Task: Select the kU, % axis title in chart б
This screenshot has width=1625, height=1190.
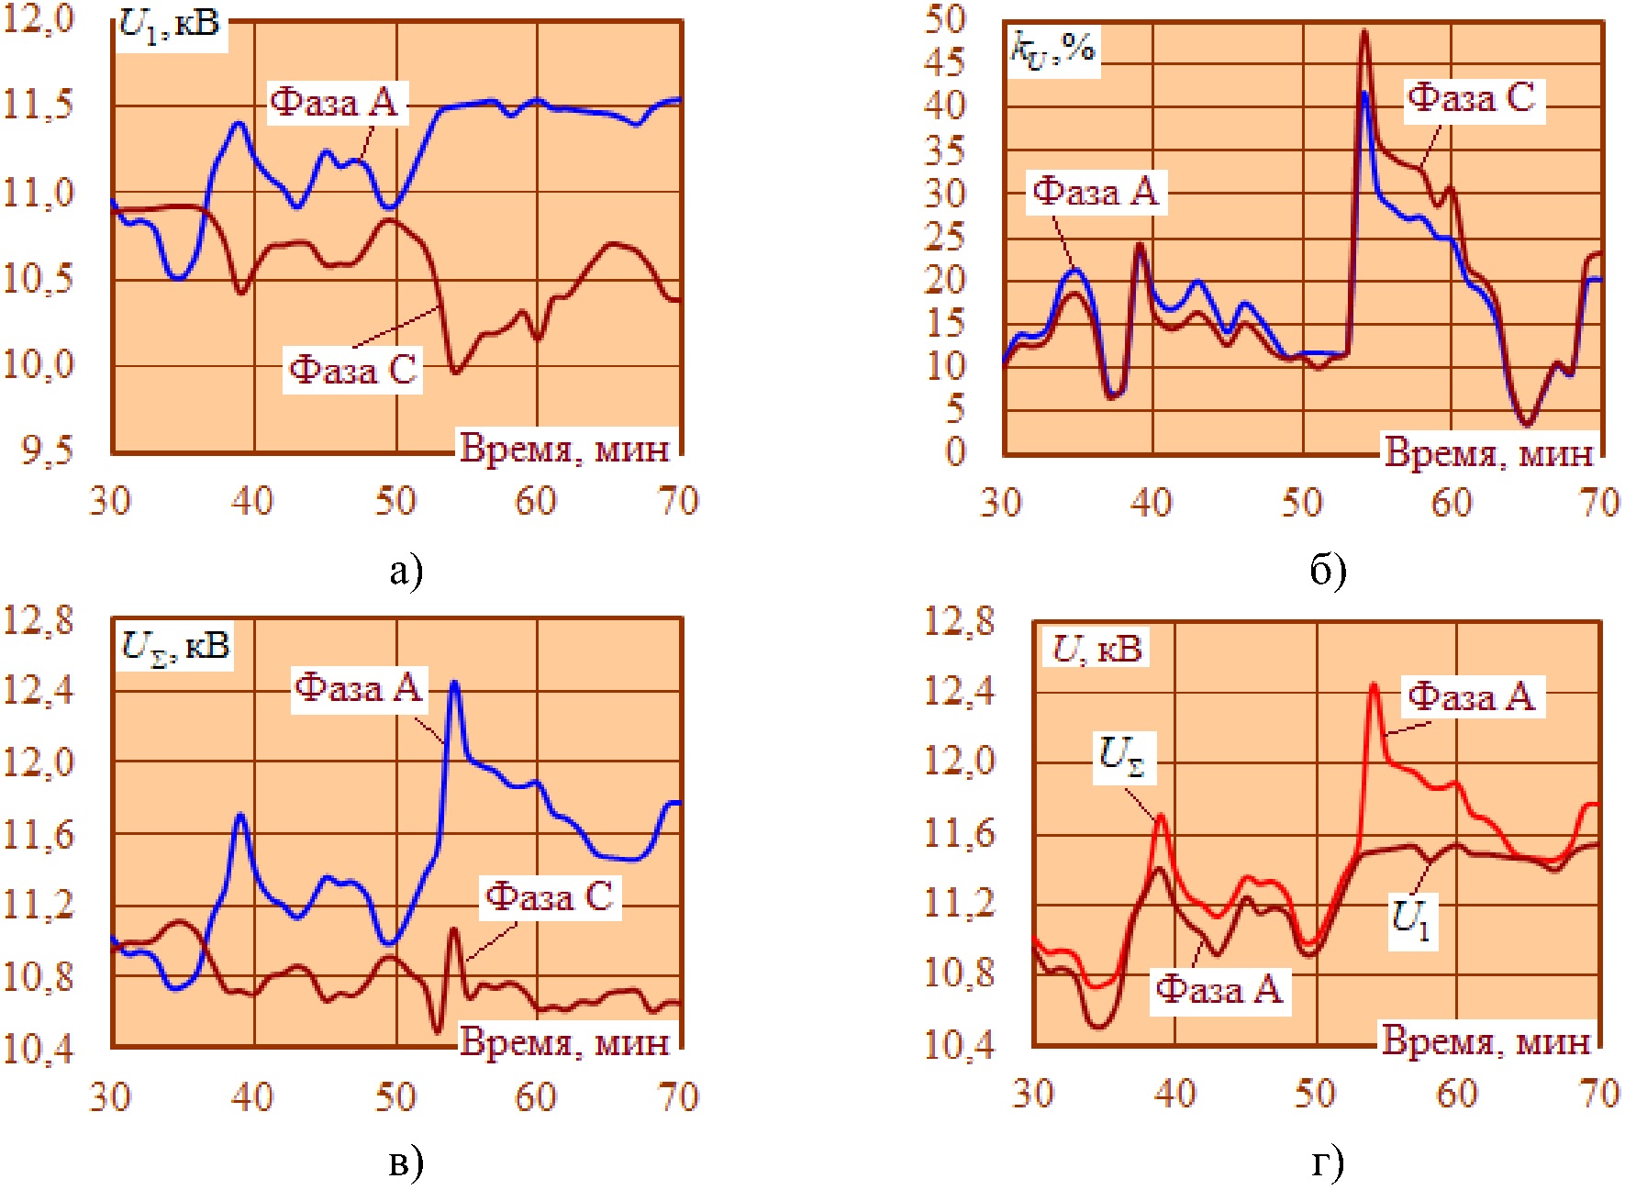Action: [x=1052, y=49]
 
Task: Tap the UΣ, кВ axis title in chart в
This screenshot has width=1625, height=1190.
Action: [x=175, y=646]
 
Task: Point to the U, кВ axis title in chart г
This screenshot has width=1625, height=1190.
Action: [x=1096, y=650]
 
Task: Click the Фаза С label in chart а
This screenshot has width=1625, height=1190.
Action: [x=353, y=370]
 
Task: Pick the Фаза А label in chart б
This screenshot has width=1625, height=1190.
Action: [x=1096, y=192]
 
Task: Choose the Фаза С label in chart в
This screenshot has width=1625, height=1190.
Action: [x=549, y=896]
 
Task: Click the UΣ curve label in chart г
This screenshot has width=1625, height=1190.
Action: [x=1122, y=757]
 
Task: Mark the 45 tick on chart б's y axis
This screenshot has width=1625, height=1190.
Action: [x=945, y=62]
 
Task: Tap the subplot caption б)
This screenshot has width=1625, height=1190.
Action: [x=1328, y=571]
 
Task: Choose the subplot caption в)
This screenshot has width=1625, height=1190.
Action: [x=406, y=1163]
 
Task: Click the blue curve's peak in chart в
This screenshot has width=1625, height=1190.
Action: [x=453, y=683]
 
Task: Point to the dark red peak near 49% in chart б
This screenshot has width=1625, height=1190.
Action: [x=1364, y=32]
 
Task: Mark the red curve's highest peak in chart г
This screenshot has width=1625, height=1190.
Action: [x=1374, y=684]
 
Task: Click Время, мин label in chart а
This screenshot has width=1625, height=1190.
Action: [x=564, y=449]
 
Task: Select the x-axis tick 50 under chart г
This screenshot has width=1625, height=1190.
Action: [x=1315, y=1094]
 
